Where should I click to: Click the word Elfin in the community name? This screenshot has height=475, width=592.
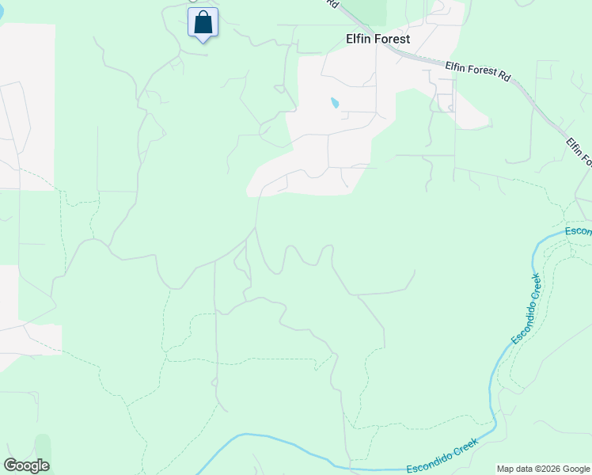(359, 38)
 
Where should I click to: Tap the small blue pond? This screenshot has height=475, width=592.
(335, 103)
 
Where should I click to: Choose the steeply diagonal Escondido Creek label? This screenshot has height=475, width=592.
(526, 309)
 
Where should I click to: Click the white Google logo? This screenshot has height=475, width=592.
(26, 465)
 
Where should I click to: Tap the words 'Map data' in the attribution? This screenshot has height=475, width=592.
(514, 469)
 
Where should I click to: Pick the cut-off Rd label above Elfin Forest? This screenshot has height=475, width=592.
(333, 4)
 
